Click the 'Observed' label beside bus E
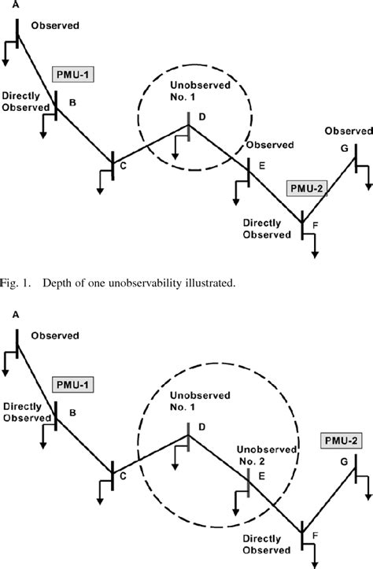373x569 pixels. pos(270,146)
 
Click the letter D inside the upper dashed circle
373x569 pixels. pos(201,117)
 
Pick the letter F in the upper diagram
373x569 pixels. pos(316,227)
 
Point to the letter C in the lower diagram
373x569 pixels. pos(123,475)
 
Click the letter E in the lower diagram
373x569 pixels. pos(261,476)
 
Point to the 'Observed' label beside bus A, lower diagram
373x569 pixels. pos(54,336)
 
